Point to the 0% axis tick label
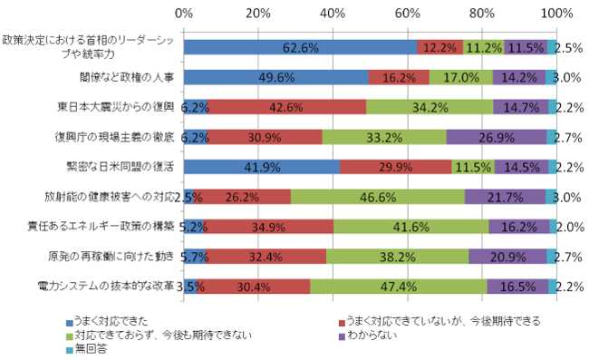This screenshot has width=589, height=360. (183, 14)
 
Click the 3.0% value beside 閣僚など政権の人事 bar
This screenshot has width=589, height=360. (567, 77)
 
